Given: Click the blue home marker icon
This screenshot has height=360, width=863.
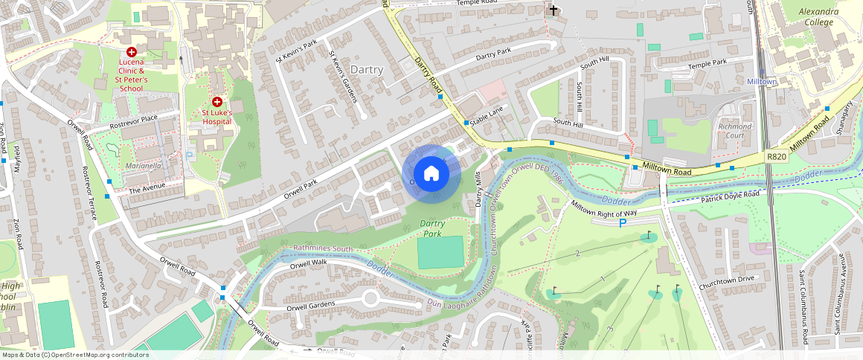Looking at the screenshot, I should tap(431, 174).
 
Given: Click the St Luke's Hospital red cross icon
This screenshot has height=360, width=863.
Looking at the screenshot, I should tap(217, 101).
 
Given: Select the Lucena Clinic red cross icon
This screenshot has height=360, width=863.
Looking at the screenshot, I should tap(132, 52).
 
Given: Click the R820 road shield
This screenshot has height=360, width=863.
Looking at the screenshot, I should tap(776, 157).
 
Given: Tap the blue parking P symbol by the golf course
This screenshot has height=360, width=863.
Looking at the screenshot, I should tap(622, 223).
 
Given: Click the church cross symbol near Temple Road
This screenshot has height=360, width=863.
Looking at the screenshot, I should tap(552, 10).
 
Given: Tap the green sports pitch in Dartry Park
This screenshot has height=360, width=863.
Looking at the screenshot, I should tap(440, 253).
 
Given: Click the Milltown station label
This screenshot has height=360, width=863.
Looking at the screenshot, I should tap(761, 80).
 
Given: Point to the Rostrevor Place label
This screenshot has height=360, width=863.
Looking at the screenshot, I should tap(134, 120).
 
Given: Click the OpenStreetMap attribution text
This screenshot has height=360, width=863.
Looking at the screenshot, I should tap(74, 355).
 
